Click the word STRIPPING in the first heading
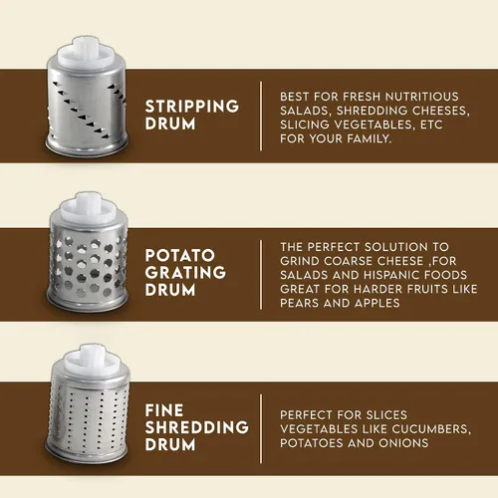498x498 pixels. (x=192, y=107)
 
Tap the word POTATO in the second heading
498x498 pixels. (x=180, y=255)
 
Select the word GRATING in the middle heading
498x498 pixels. (x=185, y=273)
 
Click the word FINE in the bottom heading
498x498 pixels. (x=164, y=410)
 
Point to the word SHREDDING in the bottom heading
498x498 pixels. (x=197, y=427)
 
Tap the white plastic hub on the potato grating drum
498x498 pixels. (x=89, y=208)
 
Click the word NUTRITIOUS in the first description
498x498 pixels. (x=422, y=97)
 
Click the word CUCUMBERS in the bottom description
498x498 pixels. (x=431, y=429)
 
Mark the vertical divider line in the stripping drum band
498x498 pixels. (x=261, y=116)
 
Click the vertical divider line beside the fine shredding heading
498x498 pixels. (x=261, y=428)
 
